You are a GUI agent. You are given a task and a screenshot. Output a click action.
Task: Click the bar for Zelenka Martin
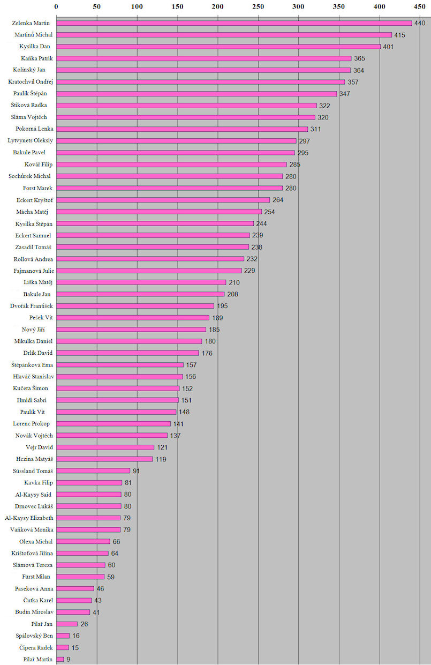(x=234, y=23)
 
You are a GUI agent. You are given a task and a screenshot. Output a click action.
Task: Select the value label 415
(x=399, y=35)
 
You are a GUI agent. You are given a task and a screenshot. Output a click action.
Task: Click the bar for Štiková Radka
(x=186, y=106)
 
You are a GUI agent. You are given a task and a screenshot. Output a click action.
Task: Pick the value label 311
(x=316, y=129)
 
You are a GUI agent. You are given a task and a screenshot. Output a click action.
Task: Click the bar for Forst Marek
(x=169, y=188)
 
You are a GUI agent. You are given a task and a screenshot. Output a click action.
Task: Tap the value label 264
(x=278, y=200)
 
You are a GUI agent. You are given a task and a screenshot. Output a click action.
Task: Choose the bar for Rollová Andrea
(x=150, y=259)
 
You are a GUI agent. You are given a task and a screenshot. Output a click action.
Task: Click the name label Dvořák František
(x=32, y=305)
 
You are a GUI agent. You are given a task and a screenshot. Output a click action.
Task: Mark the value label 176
(x=207, y=353)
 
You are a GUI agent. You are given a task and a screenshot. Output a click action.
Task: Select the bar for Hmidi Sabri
(x=117, y=400)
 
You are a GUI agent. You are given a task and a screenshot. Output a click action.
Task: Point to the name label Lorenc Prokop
(x=32, y=423)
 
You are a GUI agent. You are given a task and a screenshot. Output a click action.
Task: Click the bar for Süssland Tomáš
(x=93, y=470)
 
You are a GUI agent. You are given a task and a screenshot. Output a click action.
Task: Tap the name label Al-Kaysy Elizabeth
(x=29, y=518)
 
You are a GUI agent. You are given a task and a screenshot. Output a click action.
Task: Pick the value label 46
(x=100, y=588)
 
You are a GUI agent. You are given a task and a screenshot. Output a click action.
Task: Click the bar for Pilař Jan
(x=67, y=624)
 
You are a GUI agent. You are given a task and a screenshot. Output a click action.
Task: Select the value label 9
(x=68, y=659)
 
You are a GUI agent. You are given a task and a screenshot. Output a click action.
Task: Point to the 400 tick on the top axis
(x=379, y=6)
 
